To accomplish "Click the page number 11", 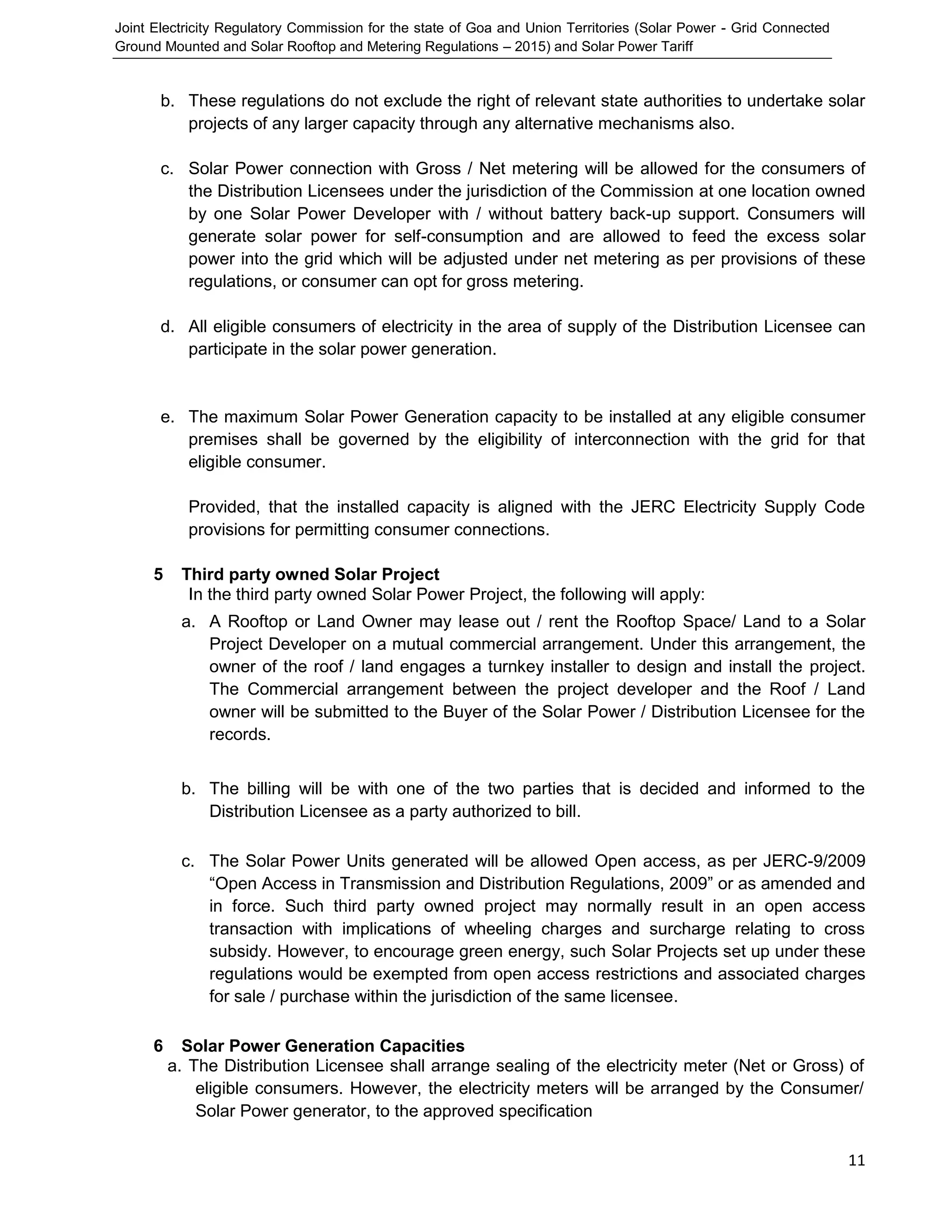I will pos(856,1160).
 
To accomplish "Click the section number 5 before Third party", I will pos(158,575).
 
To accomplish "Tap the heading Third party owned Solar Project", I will pos(310,575).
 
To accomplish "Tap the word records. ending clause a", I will pos(240,735).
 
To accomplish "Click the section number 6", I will pos(158,1046).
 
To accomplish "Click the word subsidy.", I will pos(240,951).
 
